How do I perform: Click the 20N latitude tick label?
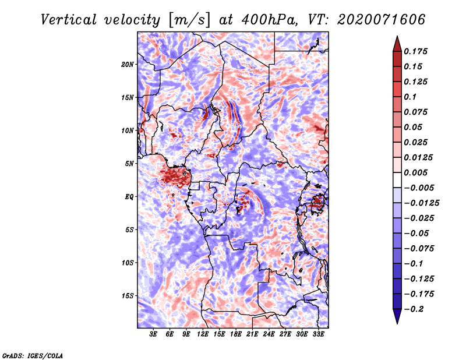[127, 65]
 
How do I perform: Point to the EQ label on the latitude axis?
[129, 197]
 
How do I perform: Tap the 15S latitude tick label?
[127, 296]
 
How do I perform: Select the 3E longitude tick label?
[153, 334]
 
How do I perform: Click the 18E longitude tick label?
[236, 334]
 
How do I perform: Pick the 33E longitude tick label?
[318, 334]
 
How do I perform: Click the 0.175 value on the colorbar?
[415, 51]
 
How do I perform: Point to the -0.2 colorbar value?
[414, 309]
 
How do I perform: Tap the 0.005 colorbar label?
[415, 172]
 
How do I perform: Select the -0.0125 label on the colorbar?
[421, 203]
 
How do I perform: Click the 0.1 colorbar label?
[410, 97]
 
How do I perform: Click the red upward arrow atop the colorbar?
[397, 44]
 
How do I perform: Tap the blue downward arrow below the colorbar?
[397, 316]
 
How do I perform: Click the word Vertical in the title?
[69, 20]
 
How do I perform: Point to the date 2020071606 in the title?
[381, 20]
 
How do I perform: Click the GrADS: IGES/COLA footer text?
[33, 355]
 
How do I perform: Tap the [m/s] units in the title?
[189, 20]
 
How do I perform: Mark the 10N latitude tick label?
[127, 130]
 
